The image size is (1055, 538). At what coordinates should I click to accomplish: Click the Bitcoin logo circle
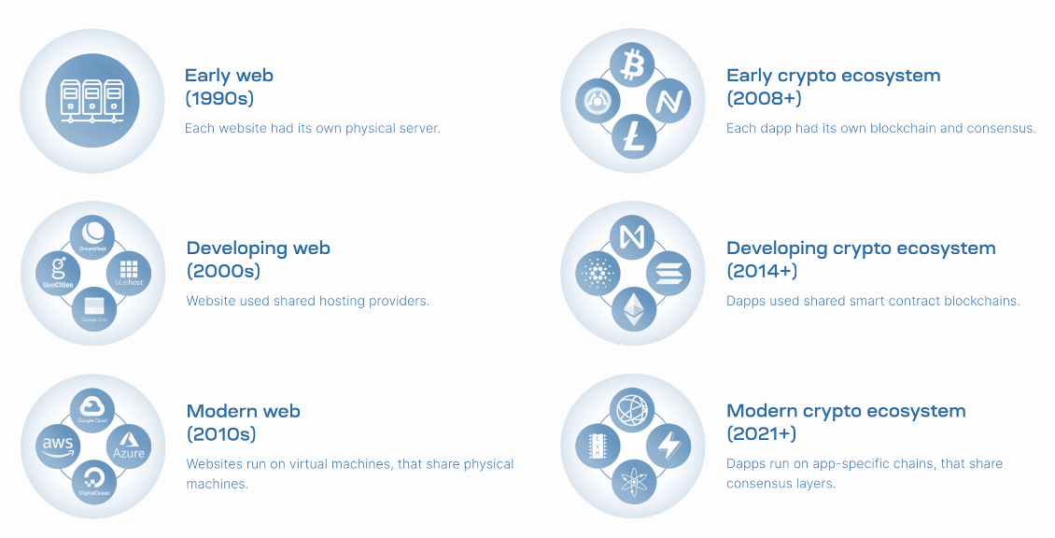(633, 64)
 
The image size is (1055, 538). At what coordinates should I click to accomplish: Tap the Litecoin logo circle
(633, 137)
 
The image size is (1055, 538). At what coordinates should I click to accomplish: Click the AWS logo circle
(58, 446)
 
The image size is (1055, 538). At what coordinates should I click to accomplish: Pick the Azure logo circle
(129, 446)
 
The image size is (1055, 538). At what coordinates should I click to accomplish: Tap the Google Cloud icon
(93, 410)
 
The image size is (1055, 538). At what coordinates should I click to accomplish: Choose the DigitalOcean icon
(93, 482)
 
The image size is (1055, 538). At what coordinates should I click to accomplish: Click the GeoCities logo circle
(58, 273)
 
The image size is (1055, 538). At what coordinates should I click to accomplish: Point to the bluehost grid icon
(129, 273)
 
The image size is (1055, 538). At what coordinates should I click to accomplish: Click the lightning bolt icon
(668, 446)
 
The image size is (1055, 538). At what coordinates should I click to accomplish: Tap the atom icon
(633, 482)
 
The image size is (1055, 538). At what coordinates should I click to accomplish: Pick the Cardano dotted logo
(598, 274)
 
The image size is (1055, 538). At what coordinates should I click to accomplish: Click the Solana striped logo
(668, 274)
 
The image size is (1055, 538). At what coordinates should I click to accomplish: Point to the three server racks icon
(91, 100)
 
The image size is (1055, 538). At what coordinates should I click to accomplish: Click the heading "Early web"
(229, 76)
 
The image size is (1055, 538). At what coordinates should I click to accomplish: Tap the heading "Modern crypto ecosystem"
(846, 411)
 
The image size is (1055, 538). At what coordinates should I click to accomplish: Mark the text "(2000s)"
(223, 271)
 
